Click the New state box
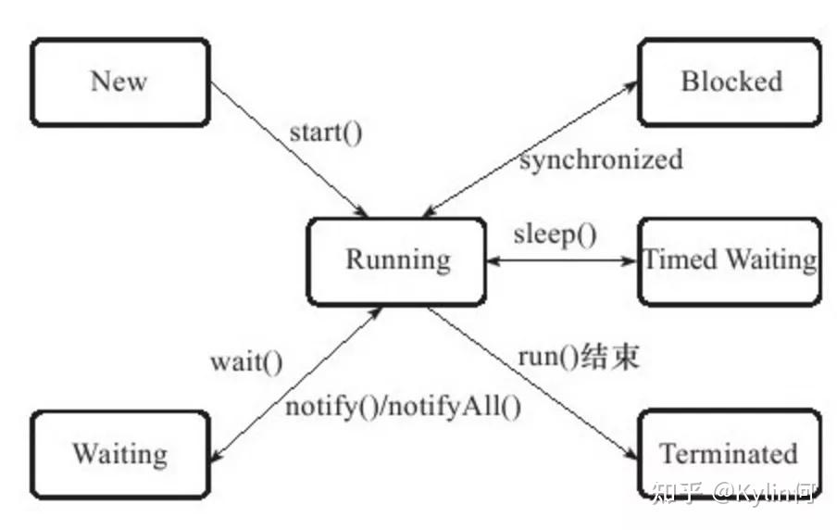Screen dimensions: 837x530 point(120,82)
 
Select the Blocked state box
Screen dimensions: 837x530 point(730,82)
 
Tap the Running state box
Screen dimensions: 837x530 point(396,261)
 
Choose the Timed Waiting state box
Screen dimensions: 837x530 point(730,261)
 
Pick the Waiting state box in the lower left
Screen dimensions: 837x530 point(120,455)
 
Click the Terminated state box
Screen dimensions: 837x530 point(730,455)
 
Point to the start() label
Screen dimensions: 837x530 point(326,132)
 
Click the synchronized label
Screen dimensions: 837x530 point(601,159)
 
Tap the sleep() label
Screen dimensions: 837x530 point(556,234)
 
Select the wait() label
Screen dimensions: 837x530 point(246,362)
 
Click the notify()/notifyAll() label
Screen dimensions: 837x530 point(404,407)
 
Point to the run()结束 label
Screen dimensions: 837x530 point(579,357)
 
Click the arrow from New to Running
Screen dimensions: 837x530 point(290,149)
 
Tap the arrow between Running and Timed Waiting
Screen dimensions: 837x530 point(563,261)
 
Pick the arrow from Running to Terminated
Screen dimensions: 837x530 point(532,383)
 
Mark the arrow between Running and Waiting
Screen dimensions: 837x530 point(297,385)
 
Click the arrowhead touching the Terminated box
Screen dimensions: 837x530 point(632,454)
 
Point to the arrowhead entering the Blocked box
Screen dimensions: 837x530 point(631,86)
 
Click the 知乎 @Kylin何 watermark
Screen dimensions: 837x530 point(733,492)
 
